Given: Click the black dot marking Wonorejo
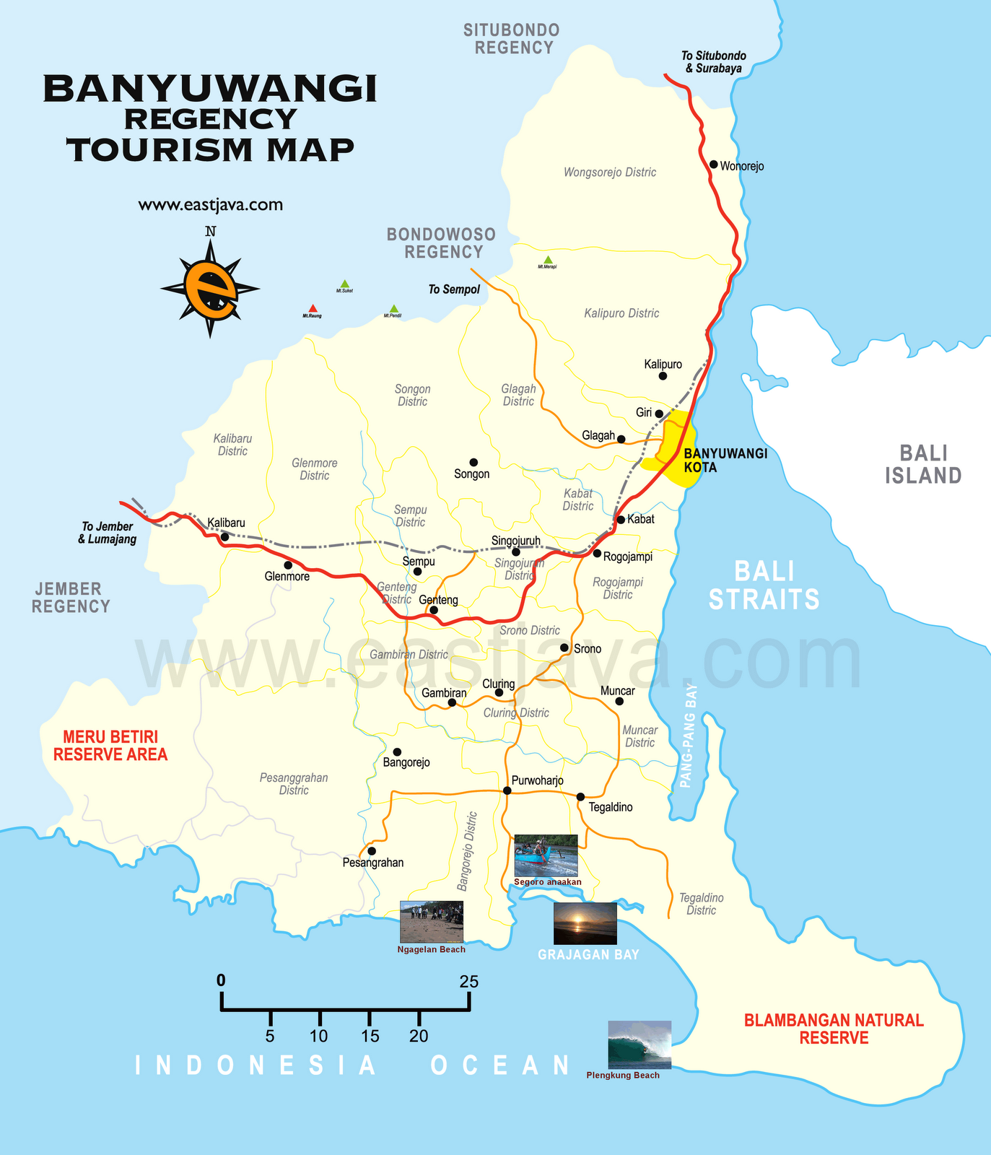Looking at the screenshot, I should [713, 165].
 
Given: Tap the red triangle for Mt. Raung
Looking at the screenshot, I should [312, 309].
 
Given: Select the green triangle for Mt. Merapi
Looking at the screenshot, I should [548, 260].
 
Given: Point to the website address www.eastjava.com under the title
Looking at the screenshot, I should [210, 205].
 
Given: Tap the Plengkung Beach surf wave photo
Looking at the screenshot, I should [639, 1044].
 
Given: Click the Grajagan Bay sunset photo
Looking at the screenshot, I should [585, 923].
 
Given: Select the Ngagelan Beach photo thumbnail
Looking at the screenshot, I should [431, 921].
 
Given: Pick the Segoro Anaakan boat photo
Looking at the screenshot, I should [546, 855].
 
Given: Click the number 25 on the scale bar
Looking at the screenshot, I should [469, 982].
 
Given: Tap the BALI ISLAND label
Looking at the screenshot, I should [923, 464].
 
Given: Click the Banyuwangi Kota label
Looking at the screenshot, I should [724, 460].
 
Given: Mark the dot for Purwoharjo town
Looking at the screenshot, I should [507, 790].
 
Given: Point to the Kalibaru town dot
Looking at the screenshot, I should [224, 536].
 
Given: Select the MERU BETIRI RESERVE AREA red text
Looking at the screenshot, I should [110, 746].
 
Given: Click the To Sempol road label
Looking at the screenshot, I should [454, 289].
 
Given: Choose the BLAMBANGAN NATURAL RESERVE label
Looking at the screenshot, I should [834, 1029].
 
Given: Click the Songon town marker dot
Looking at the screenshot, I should [473, 462].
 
